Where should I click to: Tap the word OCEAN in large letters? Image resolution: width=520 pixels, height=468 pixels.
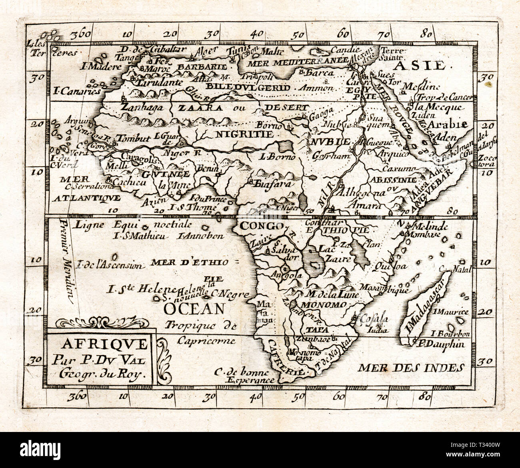(x=194, y=309)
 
